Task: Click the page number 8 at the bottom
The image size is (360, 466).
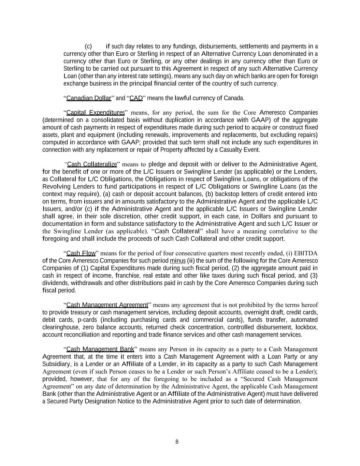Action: [177, 442]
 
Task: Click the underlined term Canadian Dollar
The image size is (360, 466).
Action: [89, 98]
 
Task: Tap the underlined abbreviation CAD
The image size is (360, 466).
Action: [136, 98]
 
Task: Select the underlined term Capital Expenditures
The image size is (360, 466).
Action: [95, 113]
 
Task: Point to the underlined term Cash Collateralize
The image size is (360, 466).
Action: [92, 165]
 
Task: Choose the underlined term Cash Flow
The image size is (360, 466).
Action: [81, 253]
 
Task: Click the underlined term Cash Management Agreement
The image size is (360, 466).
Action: [107, 305]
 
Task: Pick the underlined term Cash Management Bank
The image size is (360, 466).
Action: [100, 349]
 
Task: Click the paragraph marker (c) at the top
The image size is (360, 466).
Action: [88, 46]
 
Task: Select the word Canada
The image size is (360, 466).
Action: [234, 98]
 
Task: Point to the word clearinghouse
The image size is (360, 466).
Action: [59, 327]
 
